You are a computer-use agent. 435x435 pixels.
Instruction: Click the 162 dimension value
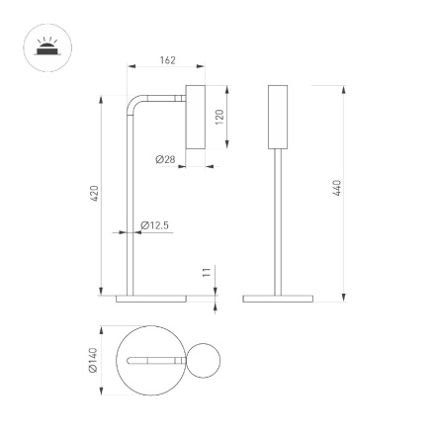pos(167,61)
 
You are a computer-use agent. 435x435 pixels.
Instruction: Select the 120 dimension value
pos(219,115)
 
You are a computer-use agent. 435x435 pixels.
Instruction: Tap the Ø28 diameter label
pos(165,159)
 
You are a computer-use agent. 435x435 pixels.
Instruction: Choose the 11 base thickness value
pos(207,272)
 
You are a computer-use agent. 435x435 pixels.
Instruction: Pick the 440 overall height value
pos(337,187)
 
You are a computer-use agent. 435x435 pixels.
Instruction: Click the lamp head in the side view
pos(194,117)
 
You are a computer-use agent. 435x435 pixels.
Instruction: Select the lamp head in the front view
pos(278,117)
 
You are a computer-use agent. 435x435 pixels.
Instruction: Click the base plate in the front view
pos(278,298)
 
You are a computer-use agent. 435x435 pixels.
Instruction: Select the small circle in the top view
pos(206,362)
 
